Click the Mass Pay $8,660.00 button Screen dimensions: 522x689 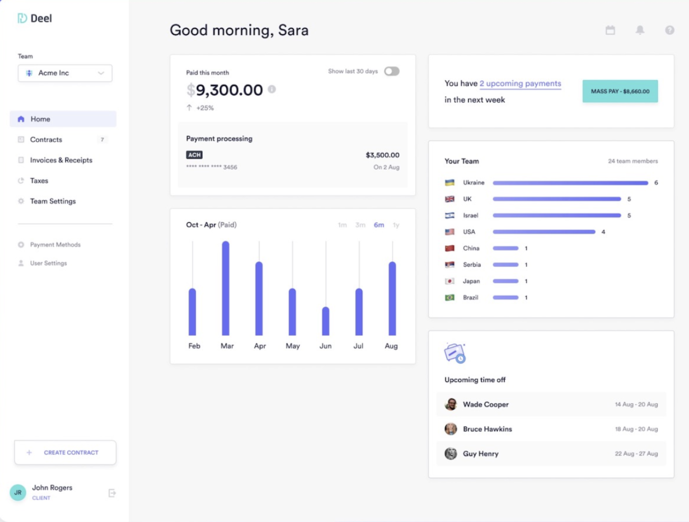click(620, 91)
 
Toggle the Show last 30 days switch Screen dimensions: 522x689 click(392, 72)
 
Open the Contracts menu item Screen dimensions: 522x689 click(46, 140)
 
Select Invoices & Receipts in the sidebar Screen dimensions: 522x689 click(61, 160)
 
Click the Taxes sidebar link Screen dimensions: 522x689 click(39, 181)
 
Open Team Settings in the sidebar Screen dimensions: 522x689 click(53, 201)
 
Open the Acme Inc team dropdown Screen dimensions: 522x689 click(65, 73)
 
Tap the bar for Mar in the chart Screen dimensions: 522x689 click(226, 288)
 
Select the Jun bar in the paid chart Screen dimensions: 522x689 click(326, 321)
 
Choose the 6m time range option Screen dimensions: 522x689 click(379, 225)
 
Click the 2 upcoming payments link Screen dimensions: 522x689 click(520, 84)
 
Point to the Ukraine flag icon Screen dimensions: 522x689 click(449, 183)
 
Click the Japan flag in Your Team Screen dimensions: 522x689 click(449, 281)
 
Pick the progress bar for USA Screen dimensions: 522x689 click(544, 232)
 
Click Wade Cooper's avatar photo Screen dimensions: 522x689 click(451, 404)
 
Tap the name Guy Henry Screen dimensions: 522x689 click(481, 454)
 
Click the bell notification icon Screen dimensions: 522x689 click(640, 30)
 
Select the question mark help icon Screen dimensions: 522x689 click(670, 30)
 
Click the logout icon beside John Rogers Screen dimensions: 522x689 click(112, 493)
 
